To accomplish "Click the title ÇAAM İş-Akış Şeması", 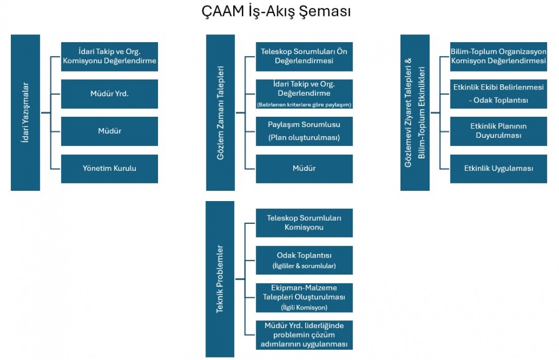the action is coord(276,11).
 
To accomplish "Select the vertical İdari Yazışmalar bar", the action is coord(25,113).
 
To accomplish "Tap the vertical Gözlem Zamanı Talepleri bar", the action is coord(220,113).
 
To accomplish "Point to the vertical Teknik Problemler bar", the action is coord(220,279).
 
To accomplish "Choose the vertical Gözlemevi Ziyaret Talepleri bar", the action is coord(415,113).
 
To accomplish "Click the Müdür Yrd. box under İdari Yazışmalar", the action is coord(110,94).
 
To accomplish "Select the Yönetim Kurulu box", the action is coord(110,169).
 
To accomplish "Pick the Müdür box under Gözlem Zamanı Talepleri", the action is coord(304,169).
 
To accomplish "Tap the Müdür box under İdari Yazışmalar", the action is coord(110,131).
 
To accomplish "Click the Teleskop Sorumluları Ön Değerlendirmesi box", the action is coord(304,57).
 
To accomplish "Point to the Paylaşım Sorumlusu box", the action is coord(304,131).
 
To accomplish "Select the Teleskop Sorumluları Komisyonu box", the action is coord(304,223).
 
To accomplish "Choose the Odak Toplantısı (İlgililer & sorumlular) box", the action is coord(304,260).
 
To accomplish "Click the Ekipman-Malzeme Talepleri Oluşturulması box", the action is coord(304,298).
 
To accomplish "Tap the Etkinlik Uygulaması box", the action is coord(498,169).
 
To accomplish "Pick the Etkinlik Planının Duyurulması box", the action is coord(498,131).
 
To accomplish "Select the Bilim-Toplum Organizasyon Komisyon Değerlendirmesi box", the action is coord(498,57).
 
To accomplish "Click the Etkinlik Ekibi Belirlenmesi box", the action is coord(498,94).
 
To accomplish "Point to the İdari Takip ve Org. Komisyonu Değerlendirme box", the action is coord(110,57).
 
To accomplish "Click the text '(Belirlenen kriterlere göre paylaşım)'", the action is coord(304,105).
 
